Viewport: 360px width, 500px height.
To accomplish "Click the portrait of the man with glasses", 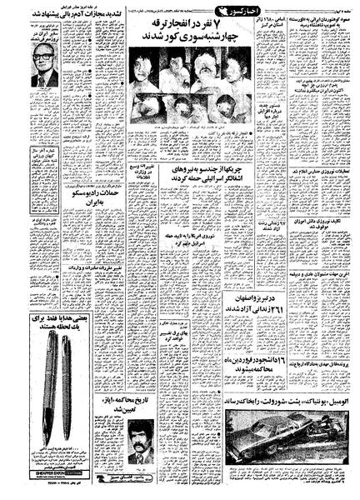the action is (x=42, y=65).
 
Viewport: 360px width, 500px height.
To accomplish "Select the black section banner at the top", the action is (x=184, y=13).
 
